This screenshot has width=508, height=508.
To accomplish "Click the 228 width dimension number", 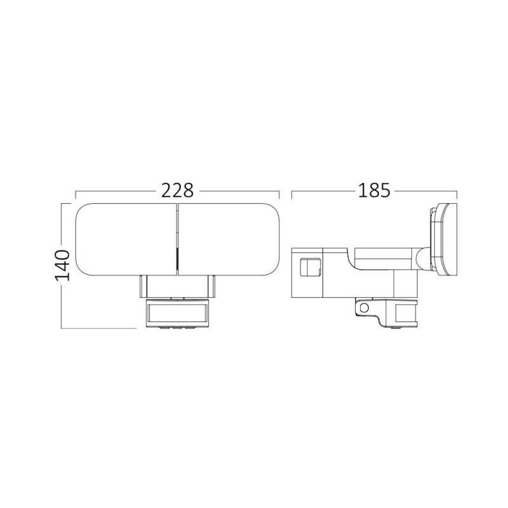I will click(x=177, y=190).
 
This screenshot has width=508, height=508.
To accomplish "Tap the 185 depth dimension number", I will click(x=373, y=190).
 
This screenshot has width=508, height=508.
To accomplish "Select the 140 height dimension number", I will click(x=62, y=265).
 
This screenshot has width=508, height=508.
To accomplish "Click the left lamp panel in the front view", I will click(x=124, y=240).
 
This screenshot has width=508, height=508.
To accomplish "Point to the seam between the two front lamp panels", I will click(x=177, y=240).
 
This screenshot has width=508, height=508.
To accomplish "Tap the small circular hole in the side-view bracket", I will click(x=363, y=308).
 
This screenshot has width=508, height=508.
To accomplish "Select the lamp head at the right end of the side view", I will click(x=446, y=240).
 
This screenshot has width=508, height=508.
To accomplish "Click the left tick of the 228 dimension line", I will click(x=76, y=194).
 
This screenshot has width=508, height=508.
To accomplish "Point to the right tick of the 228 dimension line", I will click(x=279, y=194).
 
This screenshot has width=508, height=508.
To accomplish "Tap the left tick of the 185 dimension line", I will click(x=291, y=194).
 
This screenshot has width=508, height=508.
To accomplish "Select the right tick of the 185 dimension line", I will click(x=457, y=194).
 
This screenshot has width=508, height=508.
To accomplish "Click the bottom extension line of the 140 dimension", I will click(x=98, y=328).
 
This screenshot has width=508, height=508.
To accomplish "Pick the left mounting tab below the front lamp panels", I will click(x=144, y=287).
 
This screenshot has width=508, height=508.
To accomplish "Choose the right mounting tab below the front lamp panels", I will click(x=212, y=287).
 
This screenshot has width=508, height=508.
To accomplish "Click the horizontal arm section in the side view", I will click(x=381, y=257).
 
